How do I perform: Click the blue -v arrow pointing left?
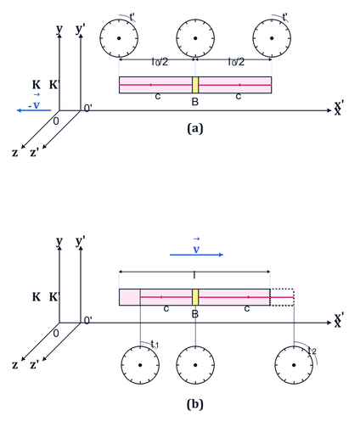pos(34,110)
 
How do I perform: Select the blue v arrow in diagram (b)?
pos(196,255)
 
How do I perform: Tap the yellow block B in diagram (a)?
pos(195,85)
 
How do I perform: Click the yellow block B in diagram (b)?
pos(195,297)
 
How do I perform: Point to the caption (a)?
pos(195,128)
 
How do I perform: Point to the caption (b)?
pos(195,404)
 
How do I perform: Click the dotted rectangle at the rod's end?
pos(282,289)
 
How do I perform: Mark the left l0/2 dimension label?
pos(160,62)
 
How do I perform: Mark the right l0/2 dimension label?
pos(236,62)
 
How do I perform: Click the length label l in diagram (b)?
pos(194,275)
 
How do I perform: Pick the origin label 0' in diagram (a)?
pos(88,108)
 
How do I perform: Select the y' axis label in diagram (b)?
pos(81,241)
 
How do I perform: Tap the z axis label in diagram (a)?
pos(15,153)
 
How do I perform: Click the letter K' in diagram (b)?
pos(54,297)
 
